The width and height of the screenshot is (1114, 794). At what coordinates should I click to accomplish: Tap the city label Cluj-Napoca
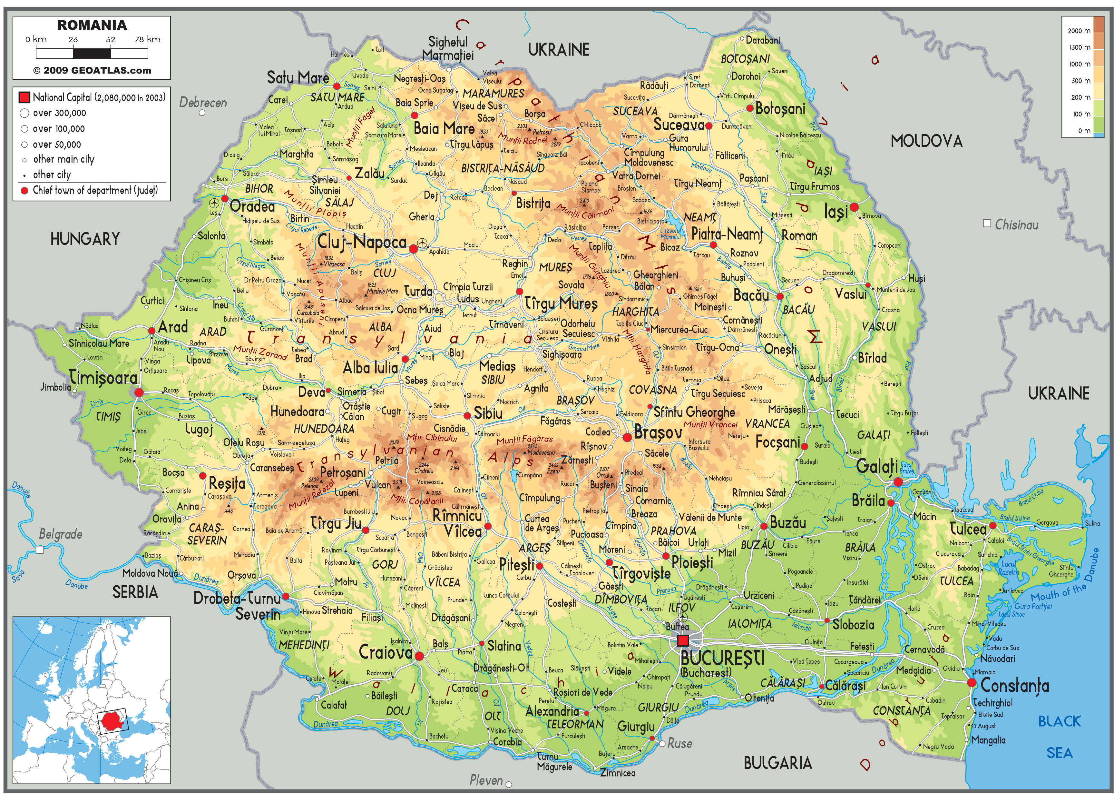(362, 242)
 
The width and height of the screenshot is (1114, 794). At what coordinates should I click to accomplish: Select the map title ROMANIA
(92, 25)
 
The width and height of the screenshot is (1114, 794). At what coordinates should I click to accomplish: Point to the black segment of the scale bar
(92, 53)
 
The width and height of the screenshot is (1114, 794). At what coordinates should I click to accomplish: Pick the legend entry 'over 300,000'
(59, 113)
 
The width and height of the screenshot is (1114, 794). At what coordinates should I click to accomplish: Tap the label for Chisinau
(1016, 225)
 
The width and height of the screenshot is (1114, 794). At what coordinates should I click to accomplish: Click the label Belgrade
(61, 534)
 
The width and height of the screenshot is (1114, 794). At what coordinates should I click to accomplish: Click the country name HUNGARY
(85, 239)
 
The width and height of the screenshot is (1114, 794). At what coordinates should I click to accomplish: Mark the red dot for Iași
(854, 207)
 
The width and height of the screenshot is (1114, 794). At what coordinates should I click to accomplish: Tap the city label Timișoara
(103, 377)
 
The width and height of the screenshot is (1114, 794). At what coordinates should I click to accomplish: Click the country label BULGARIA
(777, 763)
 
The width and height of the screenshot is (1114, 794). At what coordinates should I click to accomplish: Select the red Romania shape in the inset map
(112, 720)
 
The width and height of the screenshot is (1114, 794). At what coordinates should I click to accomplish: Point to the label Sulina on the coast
(1092, 523)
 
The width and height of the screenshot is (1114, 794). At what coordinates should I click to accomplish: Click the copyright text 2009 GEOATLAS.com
(92, 70)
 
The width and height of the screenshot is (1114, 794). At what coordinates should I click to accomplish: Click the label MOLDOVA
(926, 141)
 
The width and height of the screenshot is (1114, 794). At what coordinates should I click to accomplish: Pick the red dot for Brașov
(627, 438)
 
